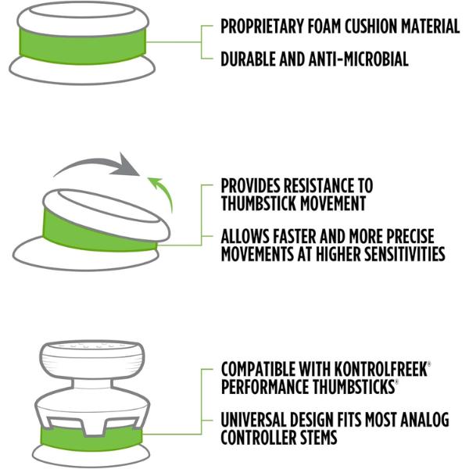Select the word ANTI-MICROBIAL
point(359,59)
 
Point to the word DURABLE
point(248,59)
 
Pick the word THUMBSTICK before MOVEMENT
point(259,204)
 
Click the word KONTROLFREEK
point(381,369)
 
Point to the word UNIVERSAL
point(253,420)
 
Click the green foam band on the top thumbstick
point(83,46)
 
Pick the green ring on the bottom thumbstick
point(91,439)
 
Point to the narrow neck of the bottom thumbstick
point(92,384)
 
